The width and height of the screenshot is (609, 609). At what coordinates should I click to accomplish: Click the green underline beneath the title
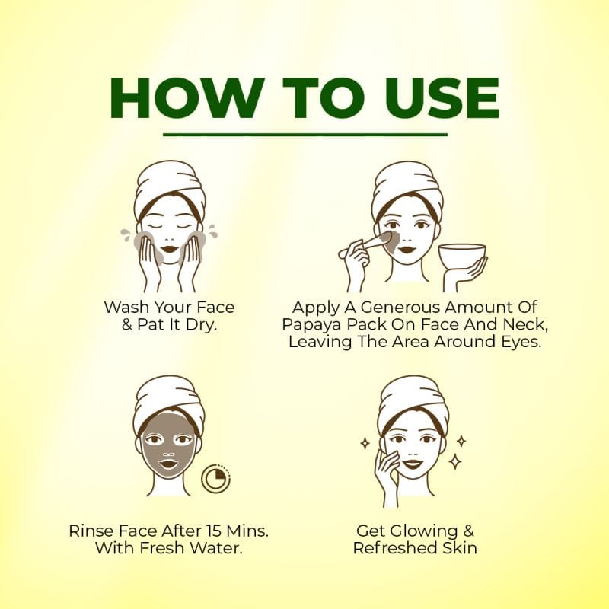tap(305, 135)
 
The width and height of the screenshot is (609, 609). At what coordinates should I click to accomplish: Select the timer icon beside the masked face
tap(216, 478)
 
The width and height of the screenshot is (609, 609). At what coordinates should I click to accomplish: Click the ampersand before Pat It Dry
tap(126, 324)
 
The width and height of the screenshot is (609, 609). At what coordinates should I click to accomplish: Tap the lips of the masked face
tap(168, 464)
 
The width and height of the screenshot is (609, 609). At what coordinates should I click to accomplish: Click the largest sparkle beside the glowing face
tap(454, 462)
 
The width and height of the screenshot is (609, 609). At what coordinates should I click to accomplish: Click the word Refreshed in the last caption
tap(395, 548)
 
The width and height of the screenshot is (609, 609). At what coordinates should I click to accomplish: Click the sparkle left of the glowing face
tap(365, 444)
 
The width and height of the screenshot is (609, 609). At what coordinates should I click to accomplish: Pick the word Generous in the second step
tap(401, 308)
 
